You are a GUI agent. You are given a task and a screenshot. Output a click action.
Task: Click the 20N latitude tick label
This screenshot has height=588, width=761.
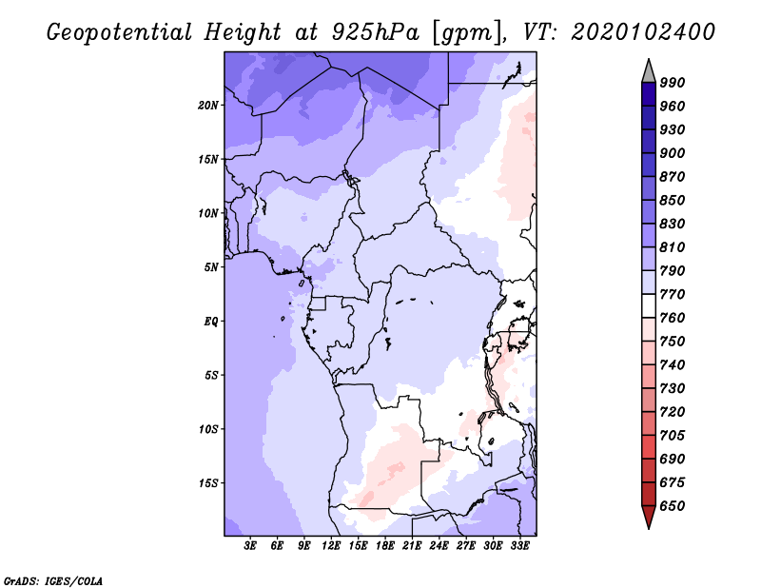tap(208, 105)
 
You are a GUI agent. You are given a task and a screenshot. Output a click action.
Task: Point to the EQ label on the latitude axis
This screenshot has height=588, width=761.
tap(212, 321)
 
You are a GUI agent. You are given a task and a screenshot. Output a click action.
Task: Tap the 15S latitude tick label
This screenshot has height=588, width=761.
tap(208, 482)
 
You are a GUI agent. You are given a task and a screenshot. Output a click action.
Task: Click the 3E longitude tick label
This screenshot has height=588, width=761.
tap(251, 546)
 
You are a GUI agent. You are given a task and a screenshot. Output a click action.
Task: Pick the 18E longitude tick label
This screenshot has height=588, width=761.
tap(385, 546)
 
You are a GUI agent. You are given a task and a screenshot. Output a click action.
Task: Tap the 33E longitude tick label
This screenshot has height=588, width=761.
tap(519, 546)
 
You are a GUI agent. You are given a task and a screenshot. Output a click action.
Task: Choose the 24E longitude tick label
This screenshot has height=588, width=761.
tap(439, 546)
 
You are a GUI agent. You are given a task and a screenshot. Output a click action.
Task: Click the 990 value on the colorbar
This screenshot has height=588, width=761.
tap(673, 83)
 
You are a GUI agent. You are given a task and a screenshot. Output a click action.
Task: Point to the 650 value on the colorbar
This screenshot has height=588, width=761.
tap(673, 506)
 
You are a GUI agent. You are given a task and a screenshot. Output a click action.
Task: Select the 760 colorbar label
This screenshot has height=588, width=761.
tap(673, 318)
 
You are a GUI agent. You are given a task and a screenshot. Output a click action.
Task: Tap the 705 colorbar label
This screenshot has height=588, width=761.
tap(673, 436)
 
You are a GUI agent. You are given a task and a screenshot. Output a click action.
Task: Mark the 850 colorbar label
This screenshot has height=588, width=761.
tap(673, 201)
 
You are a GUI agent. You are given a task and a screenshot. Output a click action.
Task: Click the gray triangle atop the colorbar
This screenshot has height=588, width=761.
tap(649, 70)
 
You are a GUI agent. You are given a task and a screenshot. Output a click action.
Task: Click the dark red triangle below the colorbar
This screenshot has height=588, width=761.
tap(649, 517)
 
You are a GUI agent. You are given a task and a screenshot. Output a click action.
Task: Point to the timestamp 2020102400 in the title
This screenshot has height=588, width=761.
tap(644, 32)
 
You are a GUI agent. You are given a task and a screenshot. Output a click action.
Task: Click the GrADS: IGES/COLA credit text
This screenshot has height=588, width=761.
tap(53, 578)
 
